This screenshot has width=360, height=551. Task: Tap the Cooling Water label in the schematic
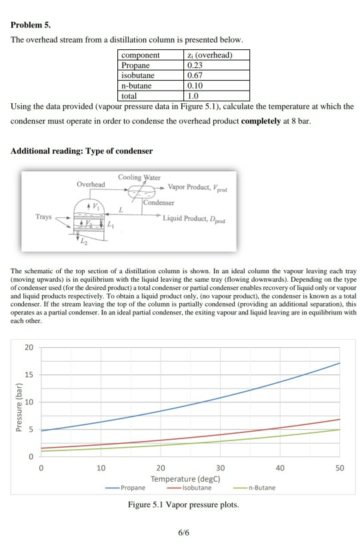click(x=139, y=177)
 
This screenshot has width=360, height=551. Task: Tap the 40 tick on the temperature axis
click(x=279, y=468)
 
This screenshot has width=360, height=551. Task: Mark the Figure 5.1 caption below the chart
click(x=183, y=504)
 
